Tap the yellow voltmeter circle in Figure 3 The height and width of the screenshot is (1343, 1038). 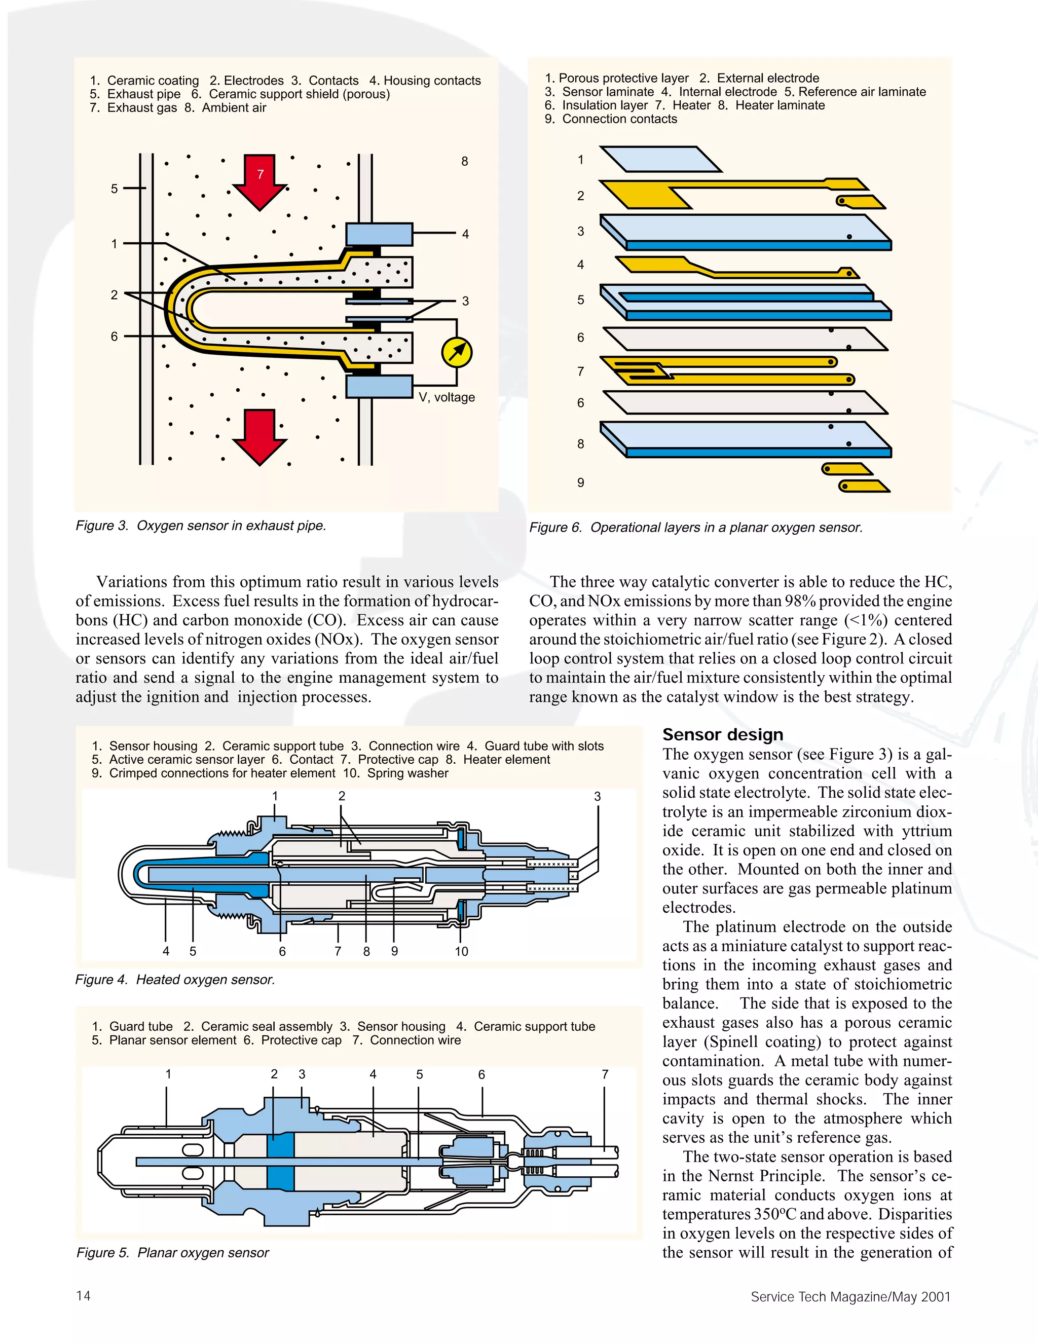[x=457, y=352]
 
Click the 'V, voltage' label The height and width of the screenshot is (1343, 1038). [x=447, y=397]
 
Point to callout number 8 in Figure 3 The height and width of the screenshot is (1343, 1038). [x=465, y=162]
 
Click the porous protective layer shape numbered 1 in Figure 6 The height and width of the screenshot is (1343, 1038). [x=660, y=159]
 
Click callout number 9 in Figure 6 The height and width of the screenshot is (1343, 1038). [x=580, y=482]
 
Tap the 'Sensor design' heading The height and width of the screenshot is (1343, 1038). [x=723, y=735]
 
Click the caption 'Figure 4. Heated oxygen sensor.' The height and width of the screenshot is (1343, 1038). [x=175, y=980]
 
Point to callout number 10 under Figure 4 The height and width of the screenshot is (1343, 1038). [x=461, y=952]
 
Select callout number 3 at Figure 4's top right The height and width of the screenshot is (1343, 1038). [x=597, y=796]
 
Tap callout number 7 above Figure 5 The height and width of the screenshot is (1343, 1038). [x=605, y=1074]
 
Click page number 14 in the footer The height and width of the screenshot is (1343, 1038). [x=83, y=1296]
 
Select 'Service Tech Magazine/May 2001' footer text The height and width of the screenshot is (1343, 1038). [x=850, y=1297]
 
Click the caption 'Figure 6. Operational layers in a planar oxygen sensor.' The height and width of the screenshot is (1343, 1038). [x=695, y=528]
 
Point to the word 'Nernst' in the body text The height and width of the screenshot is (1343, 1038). [x=735, y=1176]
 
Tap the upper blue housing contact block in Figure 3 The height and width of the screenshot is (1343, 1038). [x=379, y=234]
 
